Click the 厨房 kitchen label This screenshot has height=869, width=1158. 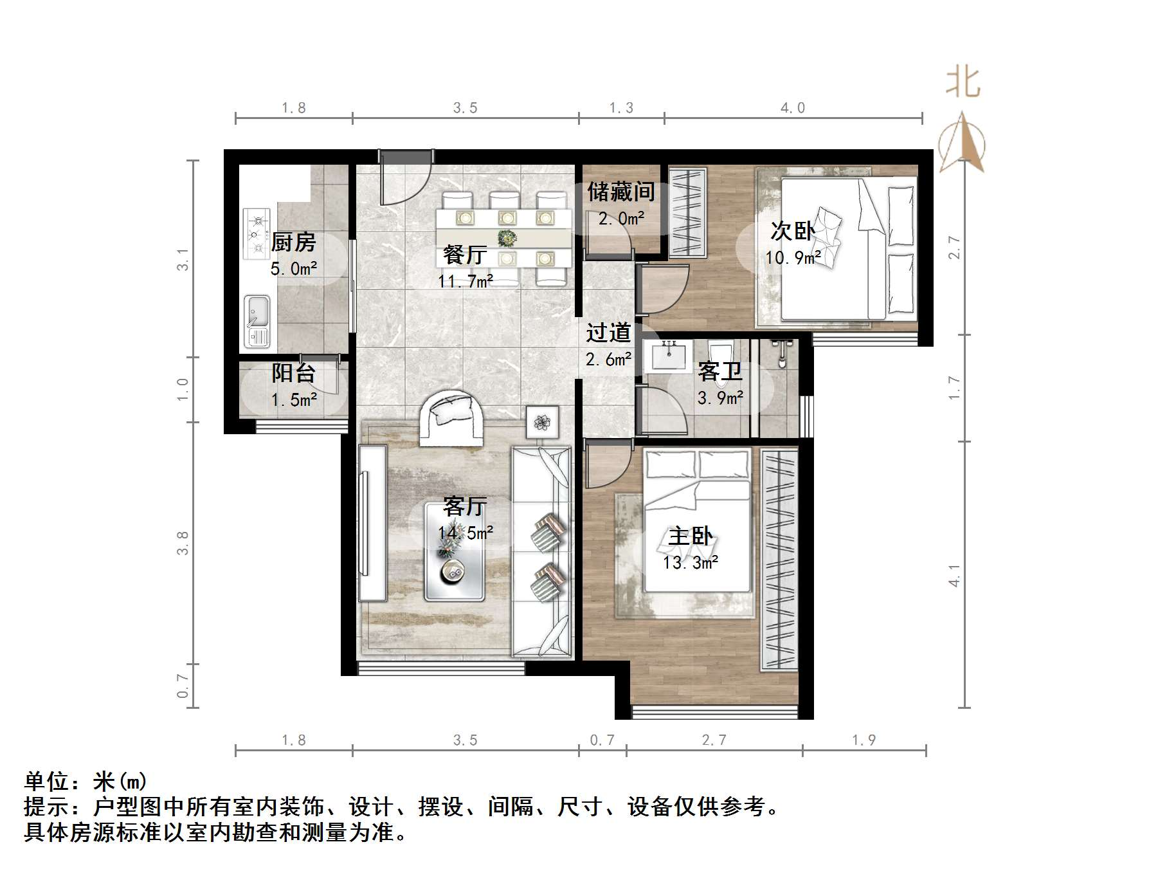pyautogui.click(x=293, y=242)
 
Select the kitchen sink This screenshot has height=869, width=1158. pyautogui.click(x=257, y=320)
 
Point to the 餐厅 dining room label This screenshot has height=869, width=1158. pyautogui.click(x=464, y=255)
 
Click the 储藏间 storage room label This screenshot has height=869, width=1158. pyautogui.click(x=620, y=192)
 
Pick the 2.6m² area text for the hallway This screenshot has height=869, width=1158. pyautogui.click(x=608, y=360)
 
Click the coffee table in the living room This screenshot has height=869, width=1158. pyautogui.click(x=455, y=552)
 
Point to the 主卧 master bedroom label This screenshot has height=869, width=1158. pyautogui.click(x=691, y=536)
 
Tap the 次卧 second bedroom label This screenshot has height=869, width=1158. pyautogui.click(x=792, y=232)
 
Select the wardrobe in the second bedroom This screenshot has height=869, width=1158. pyautogui.click(x=687, y=212)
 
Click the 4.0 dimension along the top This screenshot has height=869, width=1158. pyautogui.click(x=792, y=108)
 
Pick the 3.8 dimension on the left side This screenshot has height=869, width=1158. pyautogui.click(x=183, y=542)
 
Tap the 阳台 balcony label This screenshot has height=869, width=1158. pyautogui.click(x=293, y=373)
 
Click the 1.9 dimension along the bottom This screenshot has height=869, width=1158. pyautogui.click(x=864, y=740)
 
